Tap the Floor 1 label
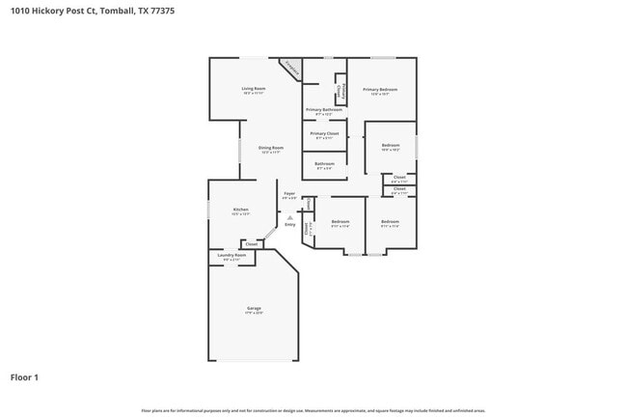pos(24,377)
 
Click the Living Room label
pos(254,89)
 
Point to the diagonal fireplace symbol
pos(290,68)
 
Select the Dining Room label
pos(271,148)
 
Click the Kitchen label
pos(240,209)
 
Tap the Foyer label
pos(289,194)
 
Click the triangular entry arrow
pos(289,217)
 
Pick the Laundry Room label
pos(232,256)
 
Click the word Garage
pos(254,308)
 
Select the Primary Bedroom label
pos(380,90)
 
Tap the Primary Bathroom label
pos(324,110)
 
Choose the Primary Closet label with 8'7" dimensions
pos(324,133)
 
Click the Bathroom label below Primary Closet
pos(324,163)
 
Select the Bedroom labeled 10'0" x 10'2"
pos(391,146)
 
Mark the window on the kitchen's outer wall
pos(208,209)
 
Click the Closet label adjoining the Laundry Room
pos(251,244)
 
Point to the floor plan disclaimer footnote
pos(313,410)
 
